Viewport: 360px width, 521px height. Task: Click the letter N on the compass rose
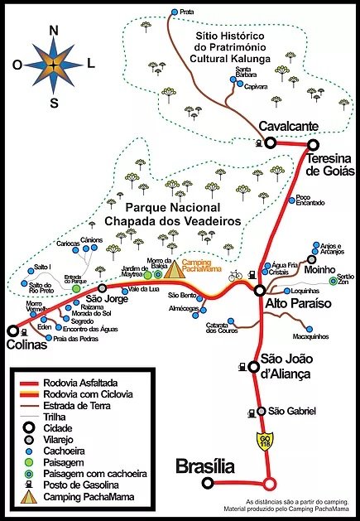pyautogui.click(x=55, y=31)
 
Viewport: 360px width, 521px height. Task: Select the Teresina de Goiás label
pyautogui.click(x=330, y=164)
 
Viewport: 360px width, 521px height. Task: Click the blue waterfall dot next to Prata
pyautogui.click(x=174, y=12)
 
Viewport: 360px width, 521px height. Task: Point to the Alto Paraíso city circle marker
pyautogui.click(x=260, y=291)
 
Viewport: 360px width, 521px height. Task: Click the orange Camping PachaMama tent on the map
pyautogui.click(x=175, y=269)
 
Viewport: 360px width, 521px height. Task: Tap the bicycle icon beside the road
pyautogui.click(x=235, y=276)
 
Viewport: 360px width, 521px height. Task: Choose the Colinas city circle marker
pyautogui.click(x=12, y=330)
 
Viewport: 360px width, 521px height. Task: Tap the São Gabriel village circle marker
pyautogui.click(x=261, y=412)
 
